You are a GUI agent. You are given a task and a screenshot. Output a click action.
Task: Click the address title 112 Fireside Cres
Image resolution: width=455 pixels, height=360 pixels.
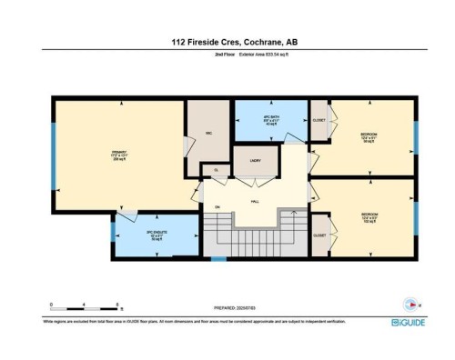[x=227, y=41]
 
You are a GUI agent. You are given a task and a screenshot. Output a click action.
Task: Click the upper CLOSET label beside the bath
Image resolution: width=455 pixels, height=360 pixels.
[x=319, y=119]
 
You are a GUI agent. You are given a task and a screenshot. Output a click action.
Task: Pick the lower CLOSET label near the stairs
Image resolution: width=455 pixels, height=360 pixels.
[x=319, y=235]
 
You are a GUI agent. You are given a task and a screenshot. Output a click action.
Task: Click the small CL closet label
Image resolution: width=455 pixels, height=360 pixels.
[x=216, y=170]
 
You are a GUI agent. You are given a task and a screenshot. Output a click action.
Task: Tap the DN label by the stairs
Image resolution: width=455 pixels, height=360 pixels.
[x=218, y=207]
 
